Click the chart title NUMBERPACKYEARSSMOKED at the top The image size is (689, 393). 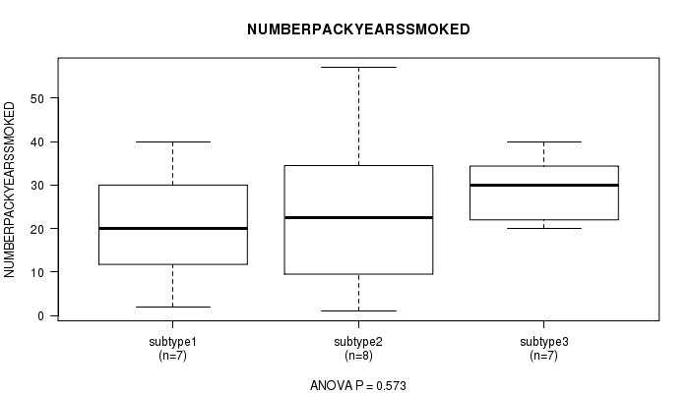358,29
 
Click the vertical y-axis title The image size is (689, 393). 10,190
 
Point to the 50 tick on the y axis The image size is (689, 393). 37,98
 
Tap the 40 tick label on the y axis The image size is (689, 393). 37,142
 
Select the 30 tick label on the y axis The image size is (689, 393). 37,186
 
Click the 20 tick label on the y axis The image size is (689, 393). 37,229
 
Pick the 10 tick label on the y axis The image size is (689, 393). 37,272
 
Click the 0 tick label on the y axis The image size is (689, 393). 41,315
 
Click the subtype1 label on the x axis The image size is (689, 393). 172,342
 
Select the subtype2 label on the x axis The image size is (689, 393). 358,342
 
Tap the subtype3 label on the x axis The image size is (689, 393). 544,342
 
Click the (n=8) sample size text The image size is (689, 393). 358,356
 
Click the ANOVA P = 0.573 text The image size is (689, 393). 358,385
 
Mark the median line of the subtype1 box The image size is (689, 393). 173,229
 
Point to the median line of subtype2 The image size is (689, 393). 358,217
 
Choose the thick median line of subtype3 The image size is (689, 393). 544,185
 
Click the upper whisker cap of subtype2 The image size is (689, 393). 358,67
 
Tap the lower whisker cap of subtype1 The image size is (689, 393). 172,307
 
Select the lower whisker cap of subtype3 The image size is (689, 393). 544,228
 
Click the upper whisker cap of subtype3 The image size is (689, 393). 544,141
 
